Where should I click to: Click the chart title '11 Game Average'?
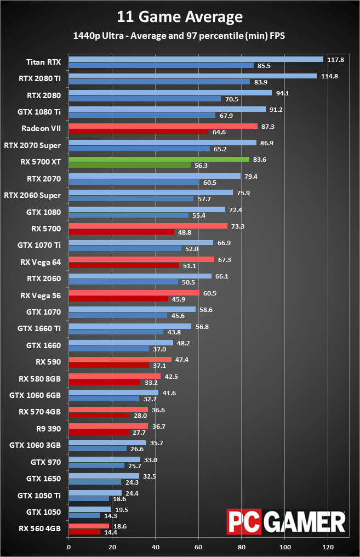tap(180, 17)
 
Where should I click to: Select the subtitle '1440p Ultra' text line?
tap(180, 36)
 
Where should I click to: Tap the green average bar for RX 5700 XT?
tap(159, 160)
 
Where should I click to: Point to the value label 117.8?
tap(335, 60)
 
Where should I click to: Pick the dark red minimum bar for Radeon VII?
tap(138, 132)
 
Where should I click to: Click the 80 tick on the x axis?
tap(242, 547)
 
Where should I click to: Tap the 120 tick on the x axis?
tap(328, 547)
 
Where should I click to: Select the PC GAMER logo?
tap(286, 521)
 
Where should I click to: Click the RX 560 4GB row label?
tap(40, 529)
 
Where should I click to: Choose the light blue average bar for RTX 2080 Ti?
tap(192, 76)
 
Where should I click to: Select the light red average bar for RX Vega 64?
tap(141, 259)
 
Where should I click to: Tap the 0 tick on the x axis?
tap(68, 547)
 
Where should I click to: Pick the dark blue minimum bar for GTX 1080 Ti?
tap(142, 115)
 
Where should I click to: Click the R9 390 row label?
tap(48, 429)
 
